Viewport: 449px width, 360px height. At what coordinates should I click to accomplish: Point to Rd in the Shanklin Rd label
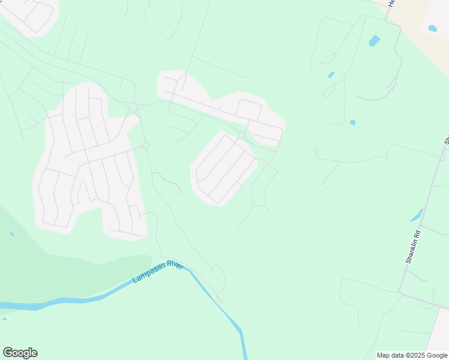[x=417, y=232]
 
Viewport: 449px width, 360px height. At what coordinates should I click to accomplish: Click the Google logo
[x=20, y=352]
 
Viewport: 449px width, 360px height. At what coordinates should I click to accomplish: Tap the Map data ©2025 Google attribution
[x=412, y=355]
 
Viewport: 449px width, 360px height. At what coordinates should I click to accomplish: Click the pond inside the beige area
[x=432, y=28]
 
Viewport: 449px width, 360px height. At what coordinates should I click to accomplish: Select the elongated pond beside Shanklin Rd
[x=417, y=215]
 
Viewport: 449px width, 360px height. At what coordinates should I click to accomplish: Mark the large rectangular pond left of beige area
[x=374, y=41]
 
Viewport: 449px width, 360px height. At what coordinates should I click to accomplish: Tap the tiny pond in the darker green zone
[x=12, y=234]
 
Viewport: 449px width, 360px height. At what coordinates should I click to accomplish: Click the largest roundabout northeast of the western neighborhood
[x=133, y=107]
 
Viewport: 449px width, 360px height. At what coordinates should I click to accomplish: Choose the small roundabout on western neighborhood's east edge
[x=145, y=145]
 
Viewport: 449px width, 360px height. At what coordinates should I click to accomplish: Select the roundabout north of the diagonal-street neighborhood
[x=241, y=136]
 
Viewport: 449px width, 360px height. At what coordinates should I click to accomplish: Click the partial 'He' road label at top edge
[x=391, y=3]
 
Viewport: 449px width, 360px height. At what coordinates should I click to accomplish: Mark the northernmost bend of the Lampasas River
[x=187, y=269]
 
